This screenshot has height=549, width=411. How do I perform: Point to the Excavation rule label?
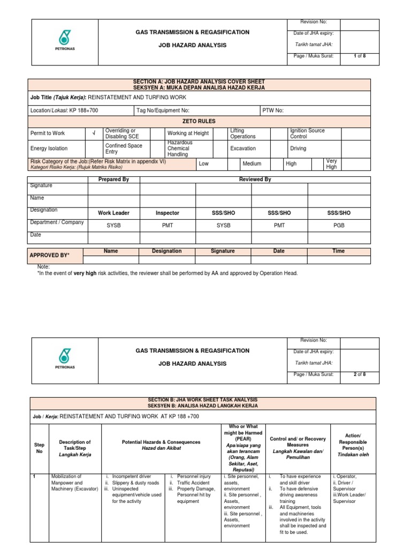[243, 149]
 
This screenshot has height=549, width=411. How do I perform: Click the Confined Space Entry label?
[124, 149]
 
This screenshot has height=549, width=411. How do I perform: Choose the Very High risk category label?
[332, 164]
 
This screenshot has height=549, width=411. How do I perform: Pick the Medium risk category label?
[251, 164]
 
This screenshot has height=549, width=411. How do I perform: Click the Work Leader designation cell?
[113, 213]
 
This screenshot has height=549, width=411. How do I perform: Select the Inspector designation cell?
[168, 213]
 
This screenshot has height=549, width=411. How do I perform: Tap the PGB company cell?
[339, 226]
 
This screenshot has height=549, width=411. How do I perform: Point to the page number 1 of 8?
[360, 56]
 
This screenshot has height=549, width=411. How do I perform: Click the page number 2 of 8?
[360, 375]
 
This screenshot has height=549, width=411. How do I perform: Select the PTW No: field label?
[273, 110]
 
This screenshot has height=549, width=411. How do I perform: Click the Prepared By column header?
[113, 180]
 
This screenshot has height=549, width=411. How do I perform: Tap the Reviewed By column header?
[255, 180]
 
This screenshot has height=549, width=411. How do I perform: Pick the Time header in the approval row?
[339, 251]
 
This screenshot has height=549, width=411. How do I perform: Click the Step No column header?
[39, 448]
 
